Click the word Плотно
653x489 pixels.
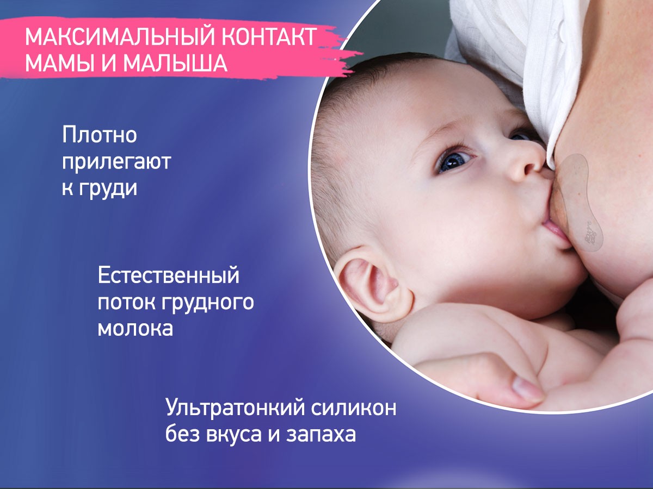tap(99, 135)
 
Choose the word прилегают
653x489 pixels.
tap(116, 162)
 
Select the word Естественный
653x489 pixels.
tap(169, 275)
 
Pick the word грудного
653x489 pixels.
tap(208, 303)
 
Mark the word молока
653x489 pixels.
tap(135, 329)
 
